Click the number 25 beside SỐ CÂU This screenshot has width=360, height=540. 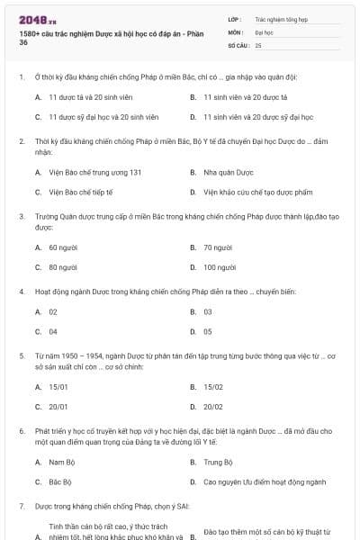tap(258, 44)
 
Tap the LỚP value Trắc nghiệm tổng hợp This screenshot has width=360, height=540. tap(280, 18)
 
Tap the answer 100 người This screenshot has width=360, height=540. tap(220, 267)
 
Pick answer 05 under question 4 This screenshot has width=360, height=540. tap(208, 332)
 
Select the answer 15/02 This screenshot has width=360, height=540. tap(213, 386)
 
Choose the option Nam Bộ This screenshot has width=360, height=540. tap(60, 462)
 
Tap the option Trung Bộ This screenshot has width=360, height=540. tap(218, 462)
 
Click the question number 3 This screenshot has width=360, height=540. tap(21, 216)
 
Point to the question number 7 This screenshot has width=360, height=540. tap(21, 507)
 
